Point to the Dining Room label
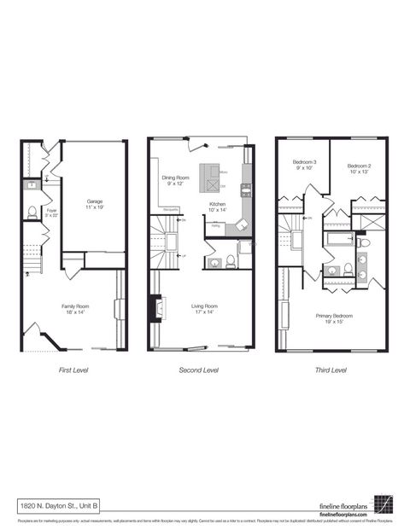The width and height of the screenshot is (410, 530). point(176,180)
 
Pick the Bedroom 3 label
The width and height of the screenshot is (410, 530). point(305,165)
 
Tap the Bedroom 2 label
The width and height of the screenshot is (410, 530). point(359,168)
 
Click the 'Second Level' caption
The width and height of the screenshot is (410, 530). point(198,370)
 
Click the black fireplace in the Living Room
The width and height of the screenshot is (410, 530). point(154,308)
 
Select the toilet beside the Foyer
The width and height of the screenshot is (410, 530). point(32,213)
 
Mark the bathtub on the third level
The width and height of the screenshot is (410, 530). point(339,239)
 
